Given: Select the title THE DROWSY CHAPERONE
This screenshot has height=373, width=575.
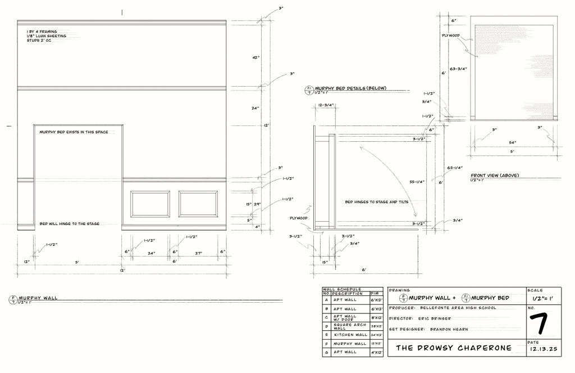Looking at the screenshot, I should point(454,348).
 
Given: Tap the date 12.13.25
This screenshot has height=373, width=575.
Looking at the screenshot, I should point(542,349).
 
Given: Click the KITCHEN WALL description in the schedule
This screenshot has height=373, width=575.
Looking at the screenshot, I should point(350,334).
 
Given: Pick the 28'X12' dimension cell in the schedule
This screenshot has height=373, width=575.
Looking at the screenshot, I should point(376,326).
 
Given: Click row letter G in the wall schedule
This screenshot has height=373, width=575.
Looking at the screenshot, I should point(326,352).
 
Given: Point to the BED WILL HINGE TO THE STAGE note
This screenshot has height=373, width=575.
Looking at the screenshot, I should point(70,223).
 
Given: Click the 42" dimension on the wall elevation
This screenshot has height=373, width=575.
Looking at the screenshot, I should point(255,57).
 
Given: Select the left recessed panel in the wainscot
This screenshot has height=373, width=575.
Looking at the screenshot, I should point(150,204).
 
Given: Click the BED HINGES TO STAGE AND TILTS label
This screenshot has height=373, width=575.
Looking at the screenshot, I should point(372,201).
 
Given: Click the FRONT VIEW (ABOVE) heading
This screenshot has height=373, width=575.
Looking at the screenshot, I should point(495,176).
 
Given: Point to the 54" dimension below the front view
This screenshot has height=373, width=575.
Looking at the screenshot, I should point(512,142).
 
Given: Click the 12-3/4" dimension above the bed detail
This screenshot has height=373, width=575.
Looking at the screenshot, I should point(326,105).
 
